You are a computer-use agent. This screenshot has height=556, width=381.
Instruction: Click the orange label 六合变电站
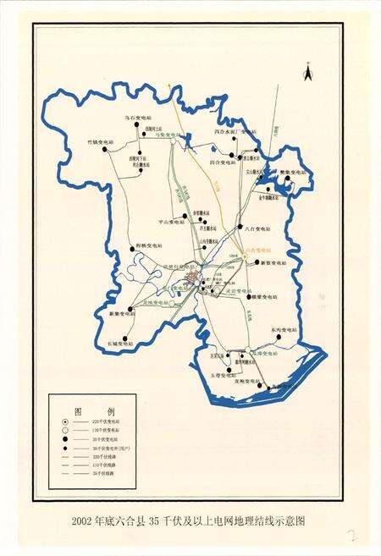257,250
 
